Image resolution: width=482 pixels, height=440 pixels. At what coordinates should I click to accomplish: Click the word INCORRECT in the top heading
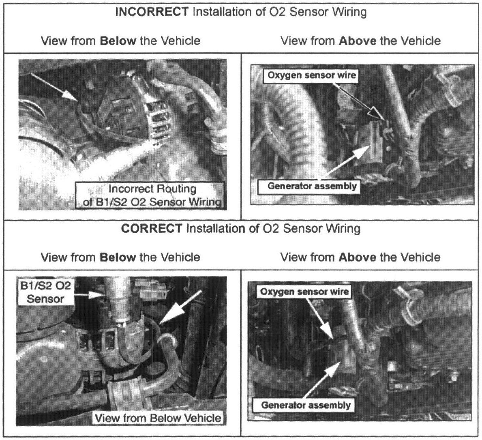click(152, 12)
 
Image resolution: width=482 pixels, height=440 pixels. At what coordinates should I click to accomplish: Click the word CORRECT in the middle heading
click(152, 228)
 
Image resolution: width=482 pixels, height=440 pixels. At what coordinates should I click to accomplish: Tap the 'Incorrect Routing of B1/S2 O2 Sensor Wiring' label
click(150, 195)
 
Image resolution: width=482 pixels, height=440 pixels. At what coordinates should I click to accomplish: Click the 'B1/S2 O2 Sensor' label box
click(46, 292)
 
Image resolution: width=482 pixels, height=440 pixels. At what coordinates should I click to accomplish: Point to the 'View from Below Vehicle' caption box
click(157, 418)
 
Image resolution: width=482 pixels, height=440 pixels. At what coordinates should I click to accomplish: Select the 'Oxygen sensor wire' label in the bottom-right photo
click(304, 292)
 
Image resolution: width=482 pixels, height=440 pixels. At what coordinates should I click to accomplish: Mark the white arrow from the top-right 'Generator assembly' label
click(345, 162)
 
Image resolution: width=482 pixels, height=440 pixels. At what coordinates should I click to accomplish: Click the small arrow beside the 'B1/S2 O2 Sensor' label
click(90, 294)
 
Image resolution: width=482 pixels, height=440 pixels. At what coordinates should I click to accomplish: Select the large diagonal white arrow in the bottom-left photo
click(180, 307)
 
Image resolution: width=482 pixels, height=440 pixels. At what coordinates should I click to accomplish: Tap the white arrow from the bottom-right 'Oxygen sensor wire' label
click(319, 318)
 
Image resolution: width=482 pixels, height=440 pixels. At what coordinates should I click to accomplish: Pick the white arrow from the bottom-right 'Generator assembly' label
click(323, 380)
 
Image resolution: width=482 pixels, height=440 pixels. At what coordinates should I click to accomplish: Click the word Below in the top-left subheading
click(118, 41)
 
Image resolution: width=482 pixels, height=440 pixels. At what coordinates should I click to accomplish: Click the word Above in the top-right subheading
click(357, 41)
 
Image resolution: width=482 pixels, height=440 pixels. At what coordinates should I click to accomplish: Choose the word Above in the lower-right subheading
click(357, 257)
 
